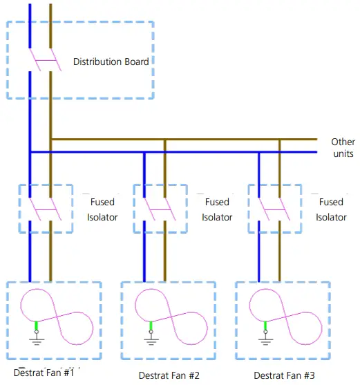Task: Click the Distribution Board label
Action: pyautogui.click(x=111, y=62)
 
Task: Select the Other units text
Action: pyautogui.click(x=343, y=147)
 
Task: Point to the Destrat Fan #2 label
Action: pyautogui.click(x=169, y=375)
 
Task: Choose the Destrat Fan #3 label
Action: pyautogui.click(x=284, y=375)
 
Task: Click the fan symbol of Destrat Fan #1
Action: pyautogui.click(x=57, y=317)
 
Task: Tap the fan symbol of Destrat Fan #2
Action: pyautogui.click(x=172, y=317)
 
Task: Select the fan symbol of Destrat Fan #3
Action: pyautogui.click(x=287, y=317)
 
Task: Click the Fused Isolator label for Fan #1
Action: pyautogui.click(x=103, y=209)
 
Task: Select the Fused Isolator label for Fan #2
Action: pyautogui.click(x=217, y=209)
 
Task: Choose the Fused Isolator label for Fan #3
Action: pyautogui.click(x=331, y=209)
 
